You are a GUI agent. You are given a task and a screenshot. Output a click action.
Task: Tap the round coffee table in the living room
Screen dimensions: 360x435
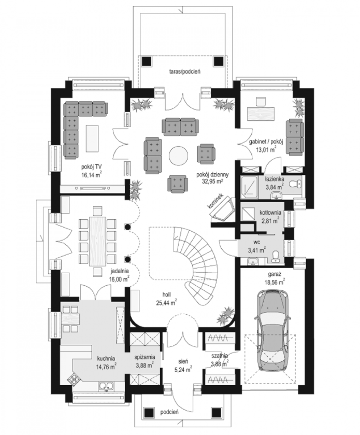[178, 156]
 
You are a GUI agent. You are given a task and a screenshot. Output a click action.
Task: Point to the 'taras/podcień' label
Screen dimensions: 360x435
[184, 71]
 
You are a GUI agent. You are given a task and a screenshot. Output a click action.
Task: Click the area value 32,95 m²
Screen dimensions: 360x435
[212, 181]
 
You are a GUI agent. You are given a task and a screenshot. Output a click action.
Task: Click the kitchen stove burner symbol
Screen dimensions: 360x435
[74, 380]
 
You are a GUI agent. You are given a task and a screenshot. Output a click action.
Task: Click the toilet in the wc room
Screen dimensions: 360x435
[276, 256]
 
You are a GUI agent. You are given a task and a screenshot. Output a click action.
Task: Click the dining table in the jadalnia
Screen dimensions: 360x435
[97, 241]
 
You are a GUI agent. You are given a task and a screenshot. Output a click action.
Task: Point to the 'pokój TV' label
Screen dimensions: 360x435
[92, 166]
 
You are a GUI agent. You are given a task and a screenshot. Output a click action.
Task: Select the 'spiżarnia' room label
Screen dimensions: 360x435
[145, 357]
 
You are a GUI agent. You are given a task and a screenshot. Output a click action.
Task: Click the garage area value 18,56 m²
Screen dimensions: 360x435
[275, 282]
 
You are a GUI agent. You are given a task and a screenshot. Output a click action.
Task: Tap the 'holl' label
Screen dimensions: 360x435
[167, 294]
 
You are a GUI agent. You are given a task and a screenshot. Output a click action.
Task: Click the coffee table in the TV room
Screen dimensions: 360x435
[92, 138]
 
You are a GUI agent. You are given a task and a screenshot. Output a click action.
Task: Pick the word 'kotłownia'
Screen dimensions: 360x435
[270, 213]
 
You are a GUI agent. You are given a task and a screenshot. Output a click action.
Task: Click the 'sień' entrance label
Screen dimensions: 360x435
[183, 361]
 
